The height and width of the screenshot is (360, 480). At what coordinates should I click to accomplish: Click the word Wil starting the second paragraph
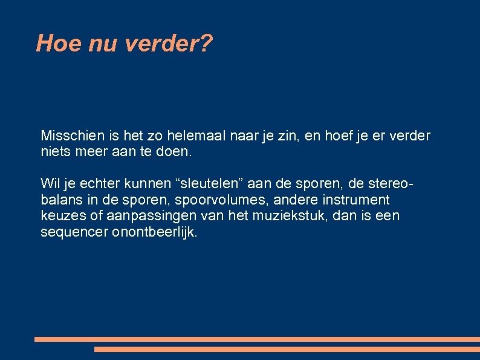[50, 183]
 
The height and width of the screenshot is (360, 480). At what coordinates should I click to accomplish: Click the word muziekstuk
[268, 216]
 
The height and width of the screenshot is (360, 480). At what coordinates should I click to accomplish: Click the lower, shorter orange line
[287, 349]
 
